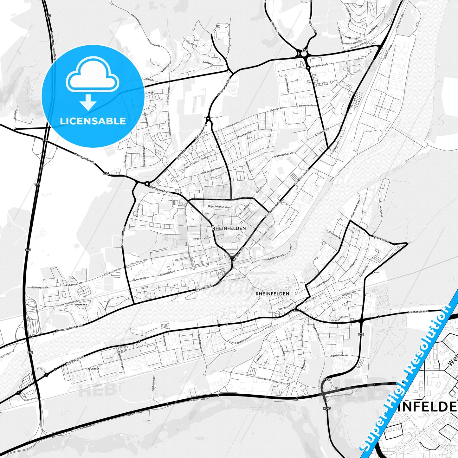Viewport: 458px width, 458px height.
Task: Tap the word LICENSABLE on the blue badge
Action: [93, 121]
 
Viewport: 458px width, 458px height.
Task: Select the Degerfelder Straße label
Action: [218, 207]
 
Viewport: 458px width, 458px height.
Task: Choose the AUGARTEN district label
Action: [94, 369]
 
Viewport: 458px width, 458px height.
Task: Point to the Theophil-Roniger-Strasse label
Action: [273, 380]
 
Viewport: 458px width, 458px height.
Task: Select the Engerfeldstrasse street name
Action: [339, 356]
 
